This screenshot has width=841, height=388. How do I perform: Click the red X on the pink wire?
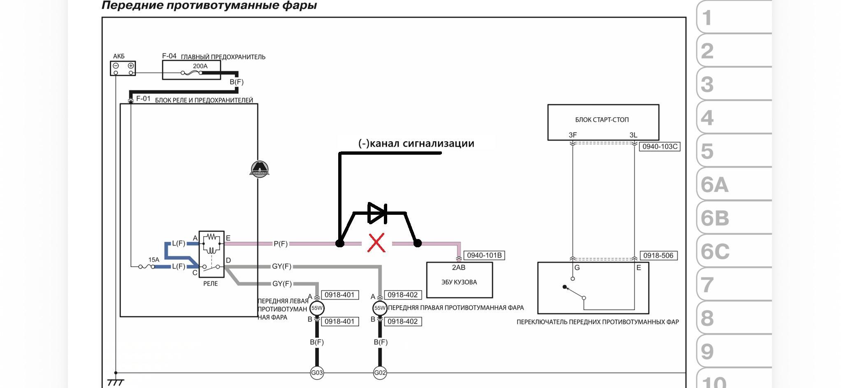376,243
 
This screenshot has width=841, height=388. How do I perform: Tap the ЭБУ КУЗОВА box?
460,280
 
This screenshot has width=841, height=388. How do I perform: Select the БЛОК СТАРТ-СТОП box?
603,122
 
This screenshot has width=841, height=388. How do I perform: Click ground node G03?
317,373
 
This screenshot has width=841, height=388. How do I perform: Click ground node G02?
380,373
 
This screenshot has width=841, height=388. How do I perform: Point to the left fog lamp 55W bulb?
317,308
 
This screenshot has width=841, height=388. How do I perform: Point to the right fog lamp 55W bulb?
380,308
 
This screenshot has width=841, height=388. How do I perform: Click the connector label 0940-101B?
484,256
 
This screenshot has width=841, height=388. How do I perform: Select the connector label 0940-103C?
660,146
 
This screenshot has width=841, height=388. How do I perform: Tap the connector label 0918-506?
658,256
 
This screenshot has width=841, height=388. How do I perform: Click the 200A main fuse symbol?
192,73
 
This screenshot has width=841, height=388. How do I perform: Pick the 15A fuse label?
153,260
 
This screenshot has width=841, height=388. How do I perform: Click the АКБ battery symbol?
123,68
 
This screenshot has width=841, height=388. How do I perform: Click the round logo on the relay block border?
259,169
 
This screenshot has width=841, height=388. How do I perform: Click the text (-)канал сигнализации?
416,143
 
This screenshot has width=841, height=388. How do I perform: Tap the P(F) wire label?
281,244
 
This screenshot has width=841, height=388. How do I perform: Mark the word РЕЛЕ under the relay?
210,283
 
